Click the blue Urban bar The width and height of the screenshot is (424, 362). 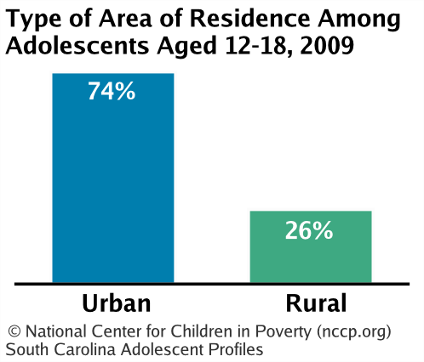pos(113,178)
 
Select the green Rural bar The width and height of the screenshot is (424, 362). pos(311,246)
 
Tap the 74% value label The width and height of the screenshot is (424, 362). pos(112,91)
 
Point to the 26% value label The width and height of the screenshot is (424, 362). pos(309,230)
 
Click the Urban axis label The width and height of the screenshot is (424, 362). pos(117,303)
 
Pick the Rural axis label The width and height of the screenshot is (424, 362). pos(316,303)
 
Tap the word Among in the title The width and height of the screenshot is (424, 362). pos(359,20)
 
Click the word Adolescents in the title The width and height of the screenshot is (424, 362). pos(77,45)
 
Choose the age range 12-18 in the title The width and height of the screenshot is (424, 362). pos(255,46)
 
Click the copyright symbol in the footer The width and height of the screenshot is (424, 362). pos(14,331)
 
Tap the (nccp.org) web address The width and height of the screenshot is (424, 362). pos(353,332)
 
